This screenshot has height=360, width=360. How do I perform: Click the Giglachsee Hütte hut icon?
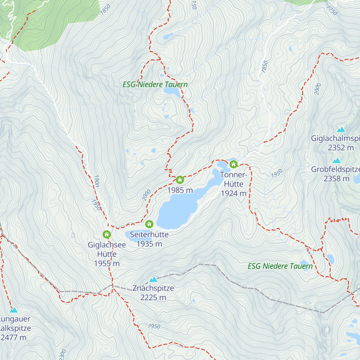[107, 234]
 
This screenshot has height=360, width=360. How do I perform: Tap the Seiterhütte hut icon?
[149, 224]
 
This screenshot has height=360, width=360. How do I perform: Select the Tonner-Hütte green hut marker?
[233, 164]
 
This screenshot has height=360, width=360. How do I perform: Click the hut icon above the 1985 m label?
[180, 180]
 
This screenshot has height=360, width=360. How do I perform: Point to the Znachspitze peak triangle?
[153, 280]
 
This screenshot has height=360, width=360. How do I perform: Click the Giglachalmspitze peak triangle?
[341, 130]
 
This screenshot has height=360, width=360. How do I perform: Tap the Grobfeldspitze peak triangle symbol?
[337, 160]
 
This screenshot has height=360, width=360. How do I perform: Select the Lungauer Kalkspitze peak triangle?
[13, 310]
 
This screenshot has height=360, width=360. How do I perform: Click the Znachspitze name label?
[153, 288]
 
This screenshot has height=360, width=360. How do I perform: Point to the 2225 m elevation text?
[153, 298]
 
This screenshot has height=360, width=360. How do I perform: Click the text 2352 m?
[341, 148]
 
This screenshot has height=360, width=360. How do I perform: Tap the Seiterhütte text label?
[149, 234]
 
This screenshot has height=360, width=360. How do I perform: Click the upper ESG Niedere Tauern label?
[155, 85]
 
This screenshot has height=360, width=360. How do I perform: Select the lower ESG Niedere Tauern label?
[280, 266]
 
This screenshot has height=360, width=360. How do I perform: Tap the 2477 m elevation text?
[13, 337]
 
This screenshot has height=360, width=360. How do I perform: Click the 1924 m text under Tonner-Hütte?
[234, 193]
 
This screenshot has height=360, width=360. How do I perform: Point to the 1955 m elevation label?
[107, 264]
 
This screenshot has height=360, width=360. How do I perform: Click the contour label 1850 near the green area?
[105, 9]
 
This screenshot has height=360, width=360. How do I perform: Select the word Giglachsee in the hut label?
[107, 245]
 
